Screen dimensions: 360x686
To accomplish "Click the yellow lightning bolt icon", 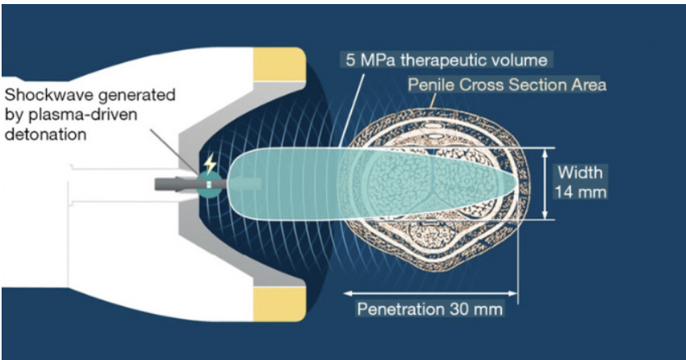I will click(x=211, y=165).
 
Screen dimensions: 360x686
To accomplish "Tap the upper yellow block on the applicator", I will click(x=278, y=64).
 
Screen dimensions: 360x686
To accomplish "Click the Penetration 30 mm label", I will click(x=430, y=309).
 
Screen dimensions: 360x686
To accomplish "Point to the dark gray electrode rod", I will click(x=174, y=184).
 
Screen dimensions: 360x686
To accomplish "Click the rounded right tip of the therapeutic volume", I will click(x=514, y=183).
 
